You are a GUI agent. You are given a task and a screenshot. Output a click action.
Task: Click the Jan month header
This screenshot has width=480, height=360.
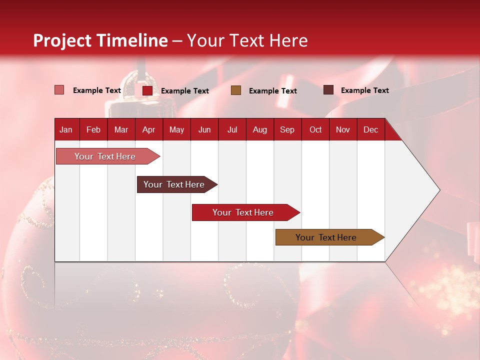point(66,130)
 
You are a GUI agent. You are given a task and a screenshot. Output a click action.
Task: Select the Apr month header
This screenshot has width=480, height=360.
point(148,130)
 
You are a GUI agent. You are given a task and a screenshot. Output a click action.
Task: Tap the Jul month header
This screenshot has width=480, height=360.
point(232,130)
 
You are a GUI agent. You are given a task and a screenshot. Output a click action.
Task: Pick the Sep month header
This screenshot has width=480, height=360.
point(287,130)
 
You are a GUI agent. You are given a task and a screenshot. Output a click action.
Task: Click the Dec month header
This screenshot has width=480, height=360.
point(370,130)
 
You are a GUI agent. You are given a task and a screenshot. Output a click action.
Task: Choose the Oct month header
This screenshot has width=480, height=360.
point(315,130)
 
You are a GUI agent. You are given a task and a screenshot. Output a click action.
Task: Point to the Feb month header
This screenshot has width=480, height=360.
point(93,130)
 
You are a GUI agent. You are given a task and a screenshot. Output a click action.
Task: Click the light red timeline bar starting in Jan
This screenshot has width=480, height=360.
point(105,156)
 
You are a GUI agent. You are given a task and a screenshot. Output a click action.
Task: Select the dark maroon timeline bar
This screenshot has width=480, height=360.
point(174,184)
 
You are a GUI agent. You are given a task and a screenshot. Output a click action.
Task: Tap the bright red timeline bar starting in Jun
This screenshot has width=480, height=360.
point(243,212)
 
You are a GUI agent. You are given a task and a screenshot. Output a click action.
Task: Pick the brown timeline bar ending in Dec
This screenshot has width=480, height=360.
point(326,237)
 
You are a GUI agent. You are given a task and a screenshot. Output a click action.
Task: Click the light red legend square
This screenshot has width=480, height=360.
point(59,90)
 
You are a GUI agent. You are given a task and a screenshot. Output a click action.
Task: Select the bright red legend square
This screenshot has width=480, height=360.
point(147,90)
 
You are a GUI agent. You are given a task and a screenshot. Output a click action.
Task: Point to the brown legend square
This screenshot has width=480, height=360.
point(236,90)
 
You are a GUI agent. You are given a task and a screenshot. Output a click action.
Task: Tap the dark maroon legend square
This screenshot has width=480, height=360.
point(328,90)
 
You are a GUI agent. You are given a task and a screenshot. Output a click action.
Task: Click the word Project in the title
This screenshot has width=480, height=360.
point(62,40)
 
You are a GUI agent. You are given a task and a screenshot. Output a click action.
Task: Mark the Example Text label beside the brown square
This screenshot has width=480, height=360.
point(272,90)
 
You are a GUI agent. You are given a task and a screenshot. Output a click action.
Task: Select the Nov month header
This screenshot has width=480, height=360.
point(343,130)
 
